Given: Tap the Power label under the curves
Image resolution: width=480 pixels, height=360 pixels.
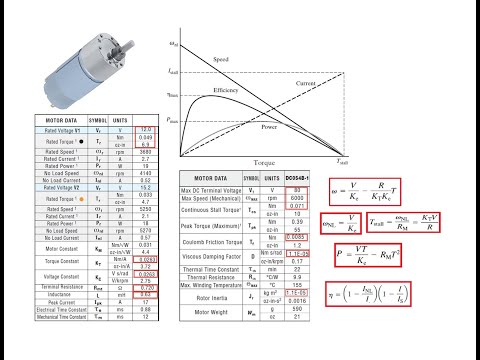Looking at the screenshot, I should pyautogui.click(x=270, y=128).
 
